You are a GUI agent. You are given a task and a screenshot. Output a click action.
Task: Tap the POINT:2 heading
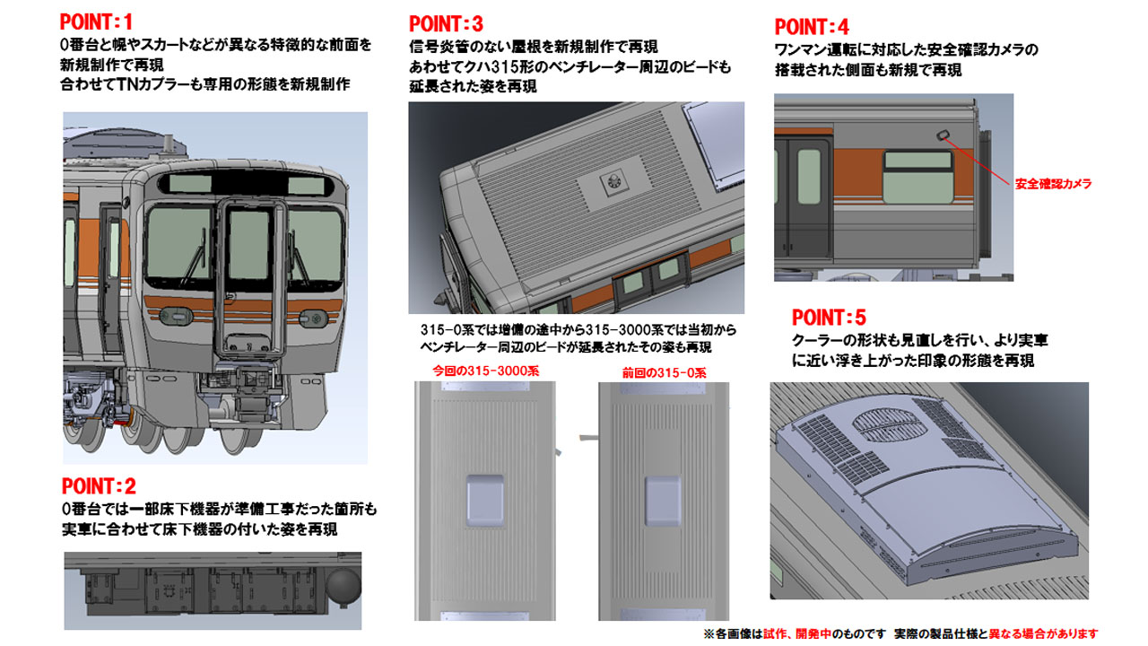pos(99,487)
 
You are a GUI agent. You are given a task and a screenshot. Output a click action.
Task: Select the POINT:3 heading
pos(446,23)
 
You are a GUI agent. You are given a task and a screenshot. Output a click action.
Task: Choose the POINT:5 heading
pos(829,318)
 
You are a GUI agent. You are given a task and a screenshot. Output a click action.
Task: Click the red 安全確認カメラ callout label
pos(1053,184)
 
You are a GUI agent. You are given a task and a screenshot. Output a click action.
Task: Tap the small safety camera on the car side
pos(944,135)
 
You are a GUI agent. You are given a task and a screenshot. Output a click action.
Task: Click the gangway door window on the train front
pos(251,248)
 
